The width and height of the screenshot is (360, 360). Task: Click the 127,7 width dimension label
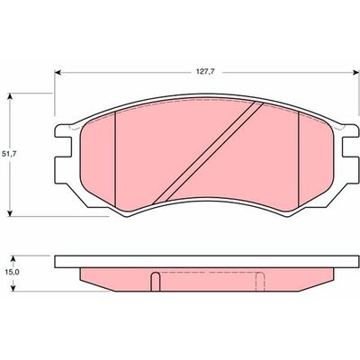(x=207, y=72)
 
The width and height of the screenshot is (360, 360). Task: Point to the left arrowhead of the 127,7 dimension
(x=58, y=72)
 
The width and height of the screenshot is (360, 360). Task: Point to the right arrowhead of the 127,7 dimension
(x=355, y=72)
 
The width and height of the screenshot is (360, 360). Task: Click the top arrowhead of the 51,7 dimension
(x=10, y=96)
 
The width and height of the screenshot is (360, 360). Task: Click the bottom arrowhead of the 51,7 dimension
(x=10, y=213)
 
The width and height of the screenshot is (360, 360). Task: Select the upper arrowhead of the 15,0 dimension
(x=13, y=258)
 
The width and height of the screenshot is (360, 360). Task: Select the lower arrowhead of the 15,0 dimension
(x=13, y=288)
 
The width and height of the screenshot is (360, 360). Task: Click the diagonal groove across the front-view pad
(x=208, y=153)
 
